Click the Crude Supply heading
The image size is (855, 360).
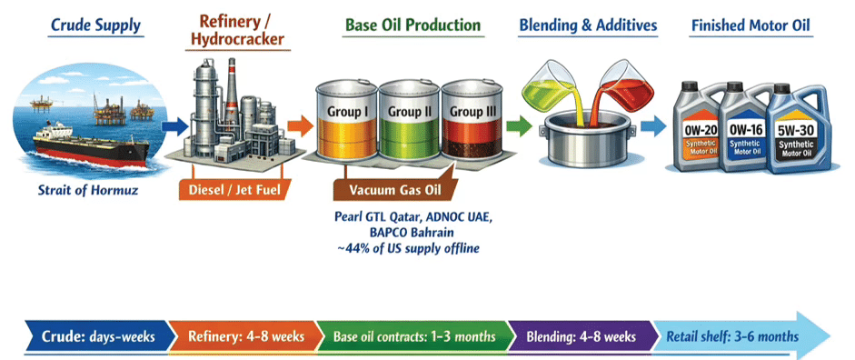tap(95, 25)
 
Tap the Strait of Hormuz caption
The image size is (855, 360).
tap(87, 190)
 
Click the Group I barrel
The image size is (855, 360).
tap(347, 119)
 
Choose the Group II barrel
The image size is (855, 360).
tap(410, 119)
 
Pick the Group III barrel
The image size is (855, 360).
tap(472, 119)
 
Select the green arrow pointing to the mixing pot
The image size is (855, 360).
tap(518, 126)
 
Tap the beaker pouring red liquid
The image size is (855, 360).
tap(621, 86)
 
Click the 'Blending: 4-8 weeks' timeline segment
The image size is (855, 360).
tap(582, 336)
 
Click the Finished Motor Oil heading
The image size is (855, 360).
tap(751, 25)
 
